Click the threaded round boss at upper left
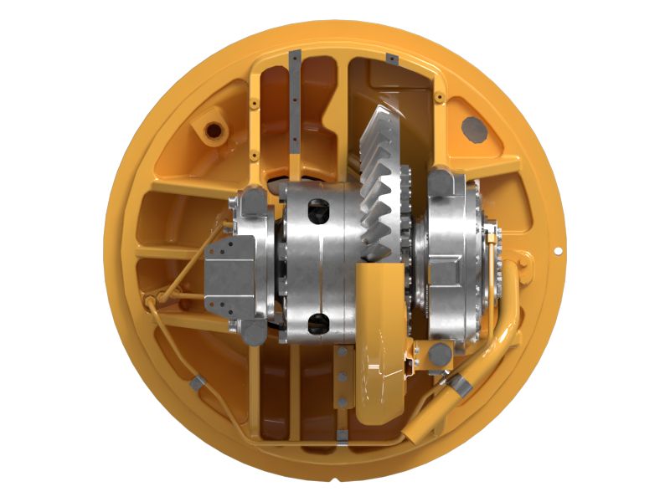point(210,131)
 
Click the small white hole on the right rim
point(559,250)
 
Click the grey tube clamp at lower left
point(196,383)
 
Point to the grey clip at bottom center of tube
point(342,434)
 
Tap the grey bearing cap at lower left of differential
point(251,331)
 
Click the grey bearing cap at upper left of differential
point(251,202)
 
